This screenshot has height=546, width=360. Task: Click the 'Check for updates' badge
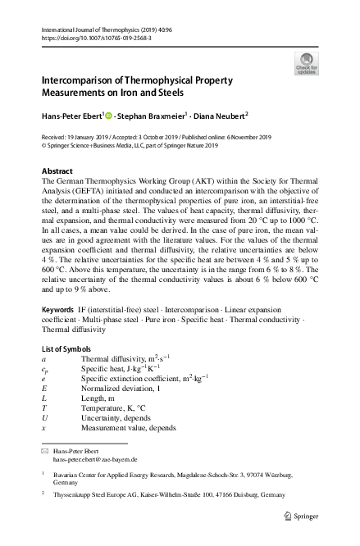tap(306, 63)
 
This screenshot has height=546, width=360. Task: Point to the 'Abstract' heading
tap(57, 171)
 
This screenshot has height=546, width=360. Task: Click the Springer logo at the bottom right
tap(301, 516)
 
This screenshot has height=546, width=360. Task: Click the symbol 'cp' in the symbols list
tap(44, 370)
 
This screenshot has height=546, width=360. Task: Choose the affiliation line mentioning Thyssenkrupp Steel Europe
tap(169, 495)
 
